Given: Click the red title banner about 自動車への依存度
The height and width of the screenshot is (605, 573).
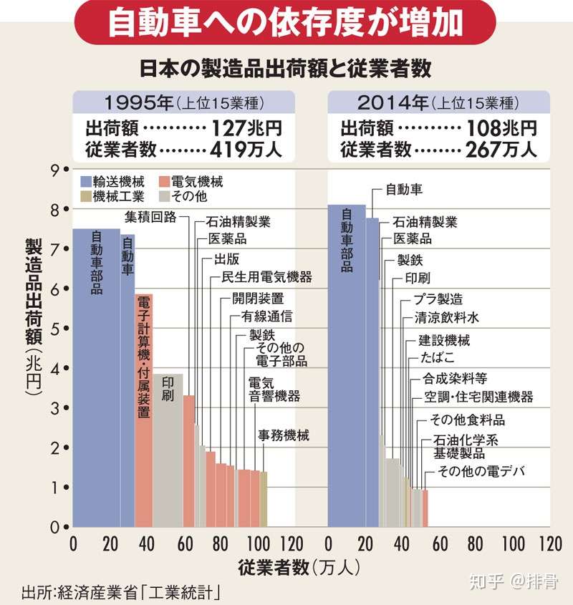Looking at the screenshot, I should (286, 23).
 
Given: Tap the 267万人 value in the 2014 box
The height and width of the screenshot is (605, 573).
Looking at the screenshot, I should (501, 150).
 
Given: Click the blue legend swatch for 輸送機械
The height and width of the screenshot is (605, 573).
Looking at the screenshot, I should (86, 181).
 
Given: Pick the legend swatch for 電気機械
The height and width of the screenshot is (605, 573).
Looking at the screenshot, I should (166, 181).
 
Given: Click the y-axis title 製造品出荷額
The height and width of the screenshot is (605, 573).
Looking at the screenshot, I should (34, 315).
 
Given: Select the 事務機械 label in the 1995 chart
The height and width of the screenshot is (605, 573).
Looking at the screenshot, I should (284, 435).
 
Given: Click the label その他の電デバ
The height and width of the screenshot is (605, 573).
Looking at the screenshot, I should (481, 471).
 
